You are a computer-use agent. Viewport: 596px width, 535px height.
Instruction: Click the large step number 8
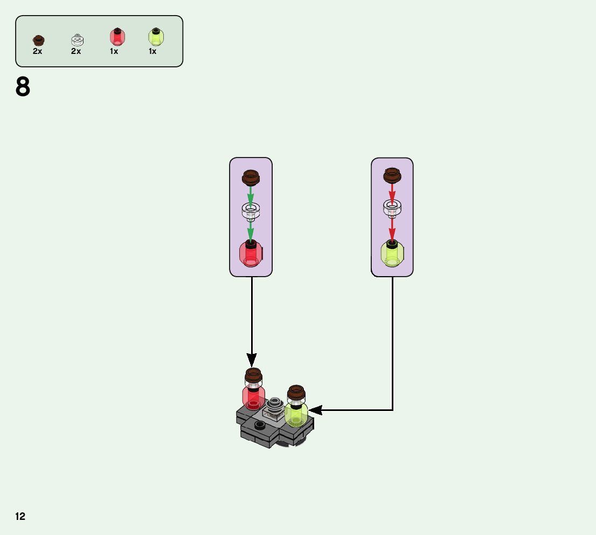coord(23,87)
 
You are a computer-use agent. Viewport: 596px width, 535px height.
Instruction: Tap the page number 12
coord(20,516)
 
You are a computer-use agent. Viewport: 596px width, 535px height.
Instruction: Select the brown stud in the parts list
coord(38,40)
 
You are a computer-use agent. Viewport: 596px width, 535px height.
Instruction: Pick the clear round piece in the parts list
coord(77,39)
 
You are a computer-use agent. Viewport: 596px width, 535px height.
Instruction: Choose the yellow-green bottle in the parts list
coord(155,37)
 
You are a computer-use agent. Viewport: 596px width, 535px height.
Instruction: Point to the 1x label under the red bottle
coord(114,52)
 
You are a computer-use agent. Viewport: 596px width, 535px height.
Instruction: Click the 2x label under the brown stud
coord(37,52)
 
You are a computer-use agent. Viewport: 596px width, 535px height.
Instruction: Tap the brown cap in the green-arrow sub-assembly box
coord(251,176)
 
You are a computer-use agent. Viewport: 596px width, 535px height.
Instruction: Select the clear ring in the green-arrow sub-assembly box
coord(251,210)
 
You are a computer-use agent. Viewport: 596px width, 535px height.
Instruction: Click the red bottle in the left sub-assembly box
coord(251,254)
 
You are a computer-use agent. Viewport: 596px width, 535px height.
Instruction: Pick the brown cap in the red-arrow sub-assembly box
coord(392,174)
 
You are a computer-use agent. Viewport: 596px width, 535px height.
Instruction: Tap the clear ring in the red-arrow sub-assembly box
coord(392,208)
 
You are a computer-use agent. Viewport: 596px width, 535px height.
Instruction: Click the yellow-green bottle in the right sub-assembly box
coord(392,253)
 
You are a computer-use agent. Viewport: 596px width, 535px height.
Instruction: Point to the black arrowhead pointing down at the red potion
coord(252,359)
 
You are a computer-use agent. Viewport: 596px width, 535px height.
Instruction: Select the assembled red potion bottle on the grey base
coord(253,394)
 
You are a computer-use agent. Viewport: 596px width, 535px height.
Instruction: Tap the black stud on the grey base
coord(260,424)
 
